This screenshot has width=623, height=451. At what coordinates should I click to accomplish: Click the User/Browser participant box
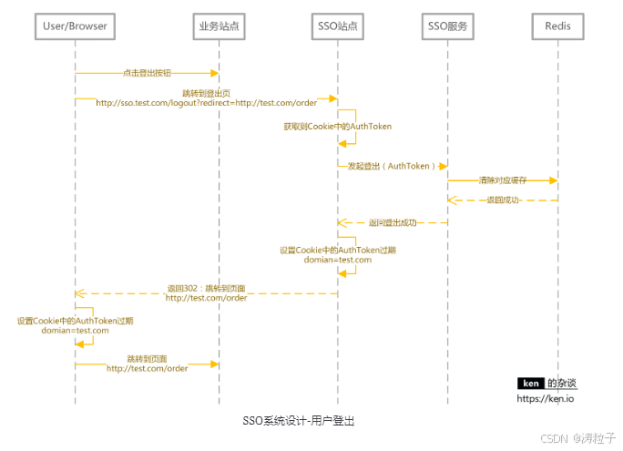(x=75, y=26)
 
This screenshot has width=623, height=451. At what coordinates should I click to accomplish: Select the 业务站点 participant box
(x=219, y=26)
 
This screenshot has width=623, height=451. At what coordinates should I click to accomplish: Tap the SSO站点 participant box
(x=337, y=26)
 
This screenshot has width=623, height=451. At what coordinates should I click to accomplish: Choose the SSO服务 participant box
(x=448, y=26)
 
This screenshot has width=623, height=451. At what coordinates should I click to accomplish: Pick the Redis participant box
(x=557, y=26)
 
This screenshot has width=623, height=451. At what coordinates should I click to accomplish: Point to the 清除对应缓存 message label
(x=503, y=180)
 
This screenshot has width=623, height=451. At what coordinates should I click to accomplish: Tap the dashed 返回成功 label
(x=503, y=200)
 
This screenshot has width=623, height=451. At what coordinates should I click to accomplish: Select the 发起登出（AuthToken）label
(x=392, y=166)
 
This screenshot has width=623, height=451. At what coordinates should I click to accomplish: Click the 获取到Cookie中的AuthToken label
(x=337, y=127)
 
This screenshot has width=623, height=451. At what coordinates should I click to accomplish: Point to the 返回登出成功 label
(x=393, y=222)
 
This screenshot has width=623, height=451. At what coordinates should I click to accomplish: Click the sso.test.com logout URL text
(x=206, y=103)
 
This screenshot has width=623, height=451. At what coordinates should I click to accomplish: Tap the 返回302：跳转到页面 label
(x=206, y=288)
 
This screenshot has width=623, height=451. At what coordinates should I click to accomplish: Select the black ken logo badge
(x=530, y=384)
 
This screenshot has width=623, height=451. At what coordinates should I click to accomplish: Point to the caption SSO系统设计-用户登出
(x=299, y=421)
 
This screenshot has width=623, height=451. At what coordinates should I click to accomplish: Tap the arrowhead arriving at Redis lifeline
(x=553, y=180)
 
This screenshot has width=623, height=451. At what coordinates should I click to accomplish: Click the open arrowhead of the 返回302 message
(x=79, y=293)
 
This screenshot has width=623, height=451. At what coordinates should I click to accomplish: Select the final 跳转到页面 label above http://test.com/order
(x=147, y=358)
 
